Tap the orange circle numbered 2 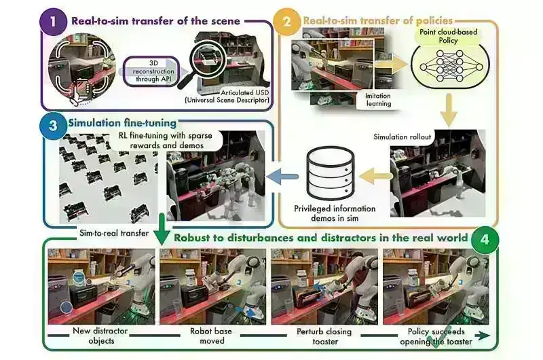[287, 21]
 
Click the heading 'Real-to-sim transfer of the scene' [155, 20]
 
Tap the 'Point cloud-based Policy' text [449, 36]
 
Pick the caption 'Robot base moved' [214, 336]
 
